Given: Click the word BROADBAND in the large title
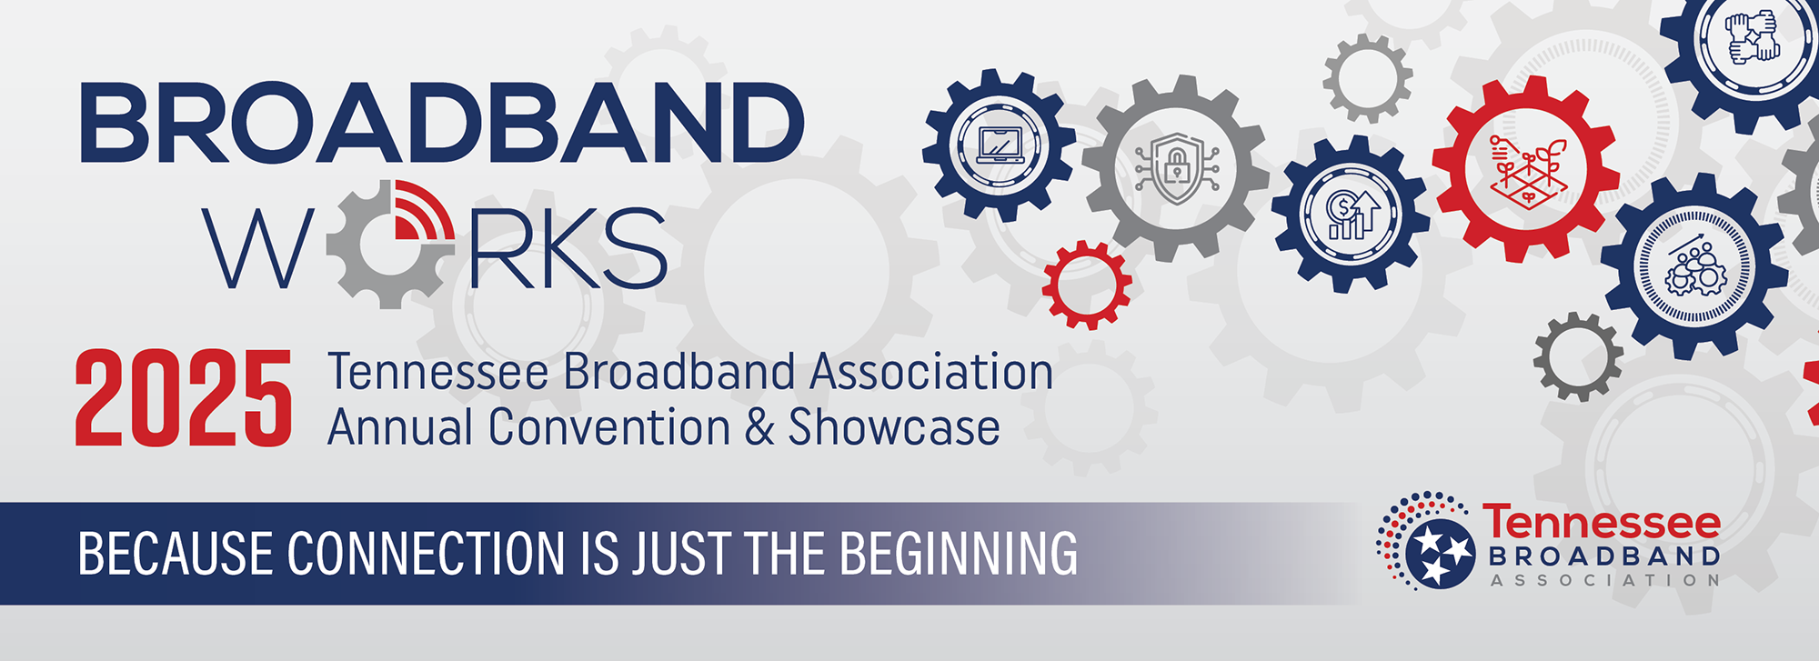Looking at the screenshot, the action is tap(442, 123).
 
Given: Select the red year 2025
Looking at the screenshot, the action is tap(183, 399).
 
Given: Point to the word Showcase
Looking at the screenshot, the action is tap(894, 427).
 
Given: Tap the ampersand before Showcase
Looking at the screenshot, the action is tap(759, 428).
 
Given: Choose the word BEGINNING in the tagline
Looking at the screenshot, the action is tap(959, 554).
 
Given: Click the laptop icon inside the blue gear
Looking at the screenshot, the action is tap(1000, 145).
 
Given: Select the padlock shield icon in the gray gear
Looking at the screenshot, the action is tap(1176, 169).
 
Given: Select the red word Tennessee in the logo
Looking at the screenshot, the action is tap(1602, 523).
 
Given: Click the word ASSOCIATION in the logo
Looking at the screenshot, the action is tap(1604, 580).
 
